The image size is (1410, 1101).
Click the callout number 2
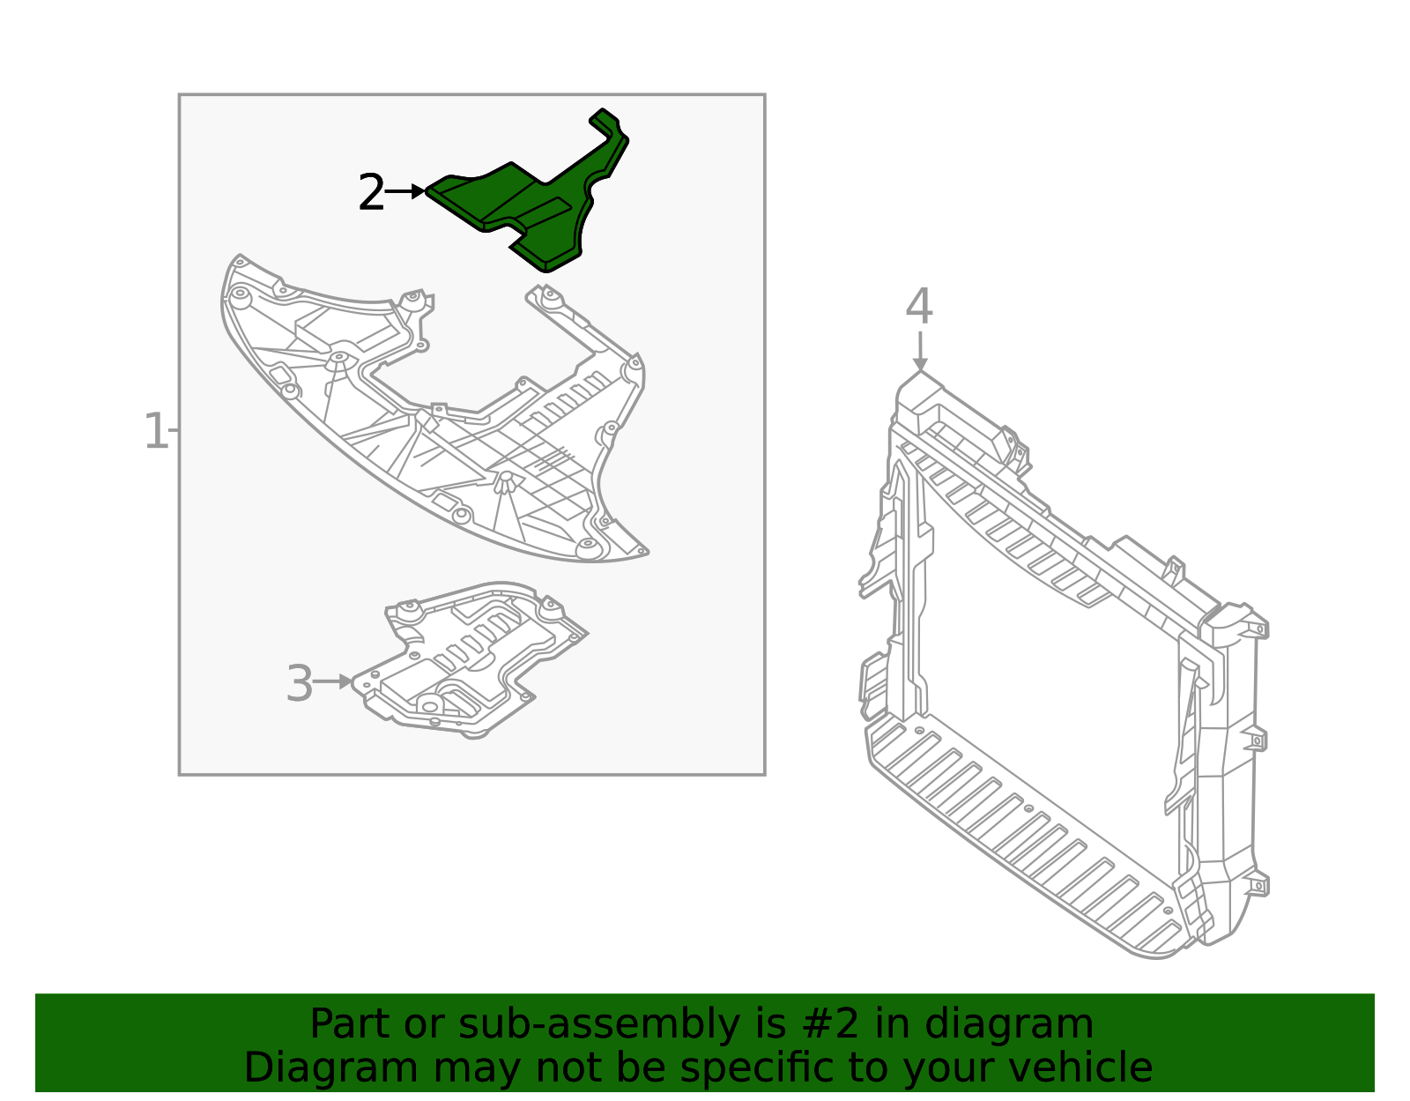pos(371,193)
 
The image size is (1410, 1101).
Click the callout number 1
pos(155,431)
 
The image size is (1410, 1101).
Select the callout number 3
pos(300,684)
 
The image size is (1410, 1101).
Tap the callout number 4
pos(919,307)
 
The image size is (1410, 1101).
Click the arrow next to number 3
pos(333,681)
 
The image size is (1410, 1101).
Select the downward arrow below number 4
pos(919,353)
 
